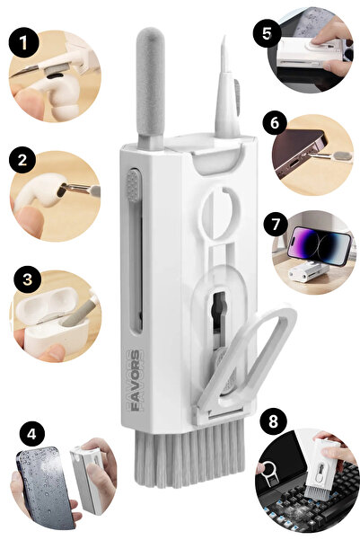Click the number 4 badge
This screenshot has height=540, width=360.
(31, 435)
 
